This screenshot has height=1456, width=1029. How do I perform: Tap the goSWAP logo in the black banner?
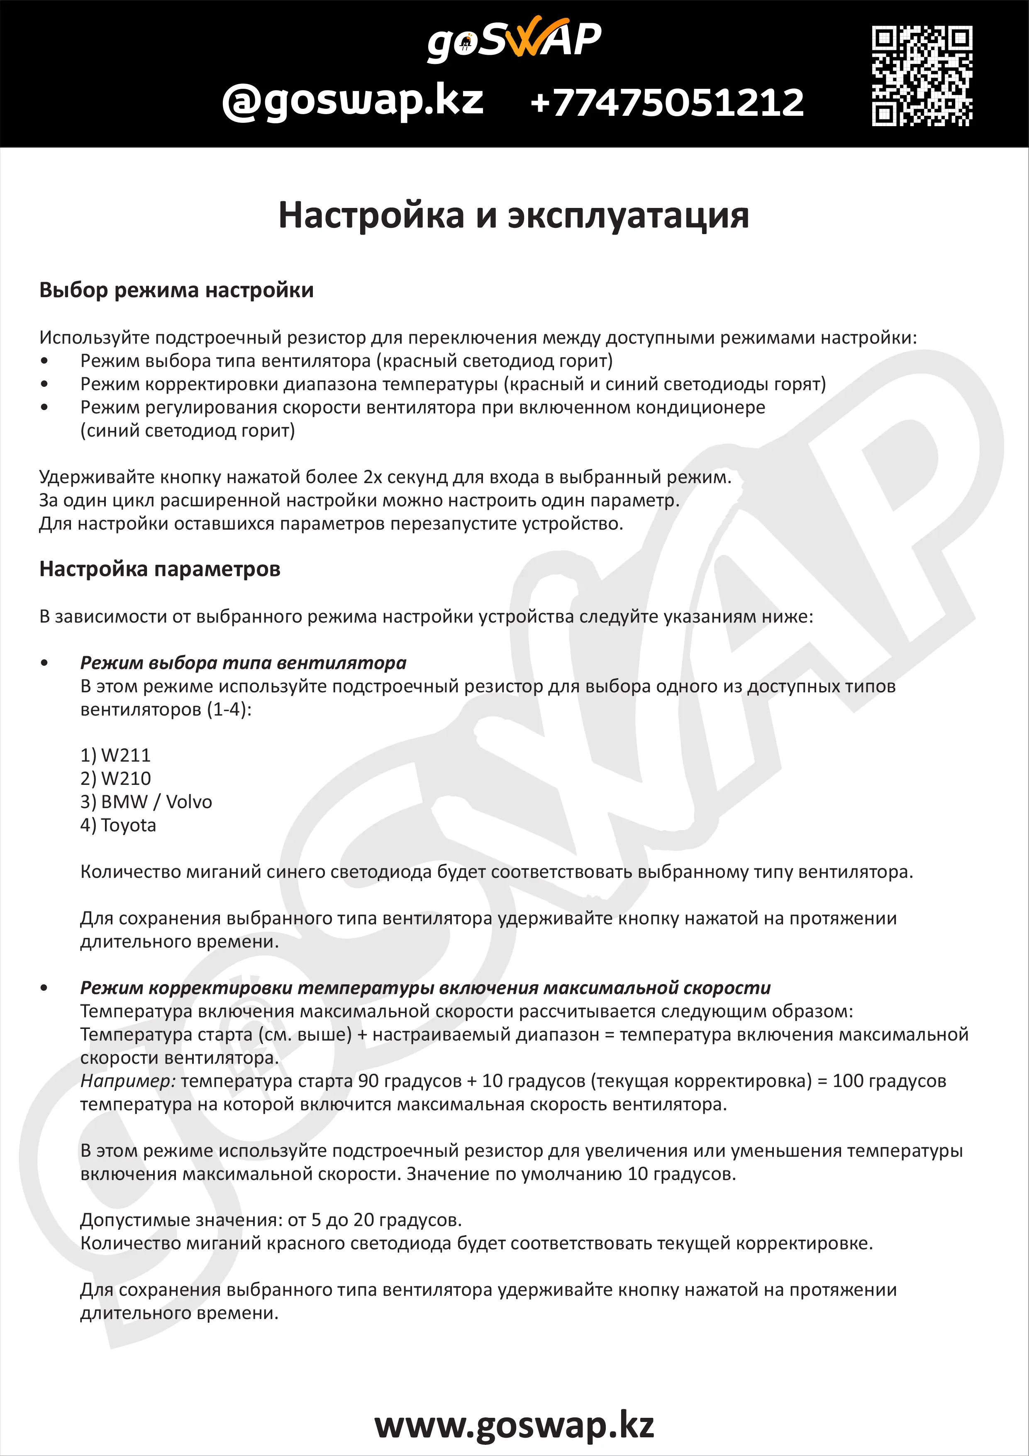514,39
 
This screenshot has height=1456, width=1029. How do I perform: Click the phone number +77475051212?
667,103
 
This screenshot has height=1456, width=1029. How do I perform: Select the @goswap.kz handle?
353,101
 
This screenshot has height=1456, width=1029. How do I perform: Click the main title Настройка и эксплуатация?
514,215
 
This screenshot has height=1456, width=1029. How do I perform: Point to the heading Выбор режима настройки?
176,290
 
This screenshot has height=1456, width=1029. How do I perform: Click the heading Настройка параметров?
160,569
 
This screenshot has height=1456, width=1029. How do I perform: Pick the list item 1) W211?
115,755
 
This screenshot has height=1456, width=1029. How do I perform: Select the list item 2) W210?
115,779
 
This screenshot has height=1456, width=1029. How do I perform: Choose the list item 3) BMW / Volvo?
146,802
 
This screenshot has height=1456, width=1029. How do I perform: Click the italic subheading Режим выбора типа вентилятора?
243,663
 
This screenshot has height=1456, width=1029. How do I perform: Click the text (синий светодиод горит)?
187,430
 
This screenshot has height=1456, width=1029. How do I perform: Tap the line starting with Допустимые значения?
271,1219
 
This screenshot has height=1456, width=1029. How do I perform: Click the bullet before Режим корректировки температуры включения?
44,988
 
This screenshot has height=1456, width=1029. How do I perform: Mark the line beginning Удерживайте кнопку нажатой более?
385,477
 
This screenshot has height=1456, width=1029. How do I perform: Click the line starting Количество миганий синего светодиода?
496,872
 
